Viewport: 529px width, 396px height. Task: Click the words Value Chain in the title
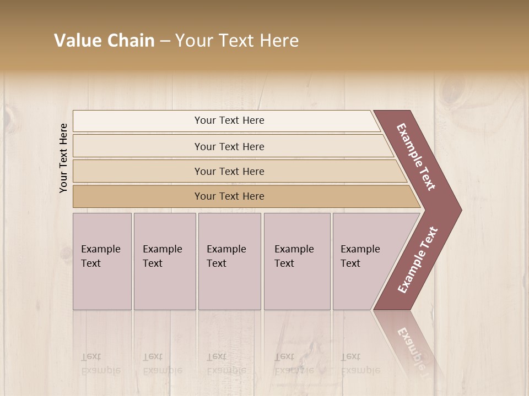tap(104, 41)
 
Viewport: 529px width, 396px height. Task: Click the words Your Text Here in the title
tap(237, 41)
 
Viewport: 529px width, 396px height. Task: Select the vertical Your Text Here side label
tap(64, 158)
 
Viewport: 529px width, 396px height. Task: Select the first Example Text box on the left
tap(102, 261)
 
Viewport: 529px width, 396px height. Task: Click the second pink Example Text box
tap(165, 261)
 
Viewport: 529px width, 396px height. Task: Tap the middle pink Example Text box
tap(229, 261)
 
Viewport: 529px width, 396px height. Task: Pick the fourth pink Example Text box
tap(297, 261)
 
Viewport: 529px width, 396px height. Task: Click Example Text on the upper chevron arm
tap(416, 157)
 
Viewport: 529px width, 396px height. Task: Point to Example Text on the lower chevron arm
tap(418, 260)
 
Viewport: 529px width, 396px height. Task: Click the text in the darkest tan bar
tap(229, 196)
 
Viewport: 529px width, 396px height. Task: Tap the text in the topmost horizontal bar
tap(229, 120)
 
